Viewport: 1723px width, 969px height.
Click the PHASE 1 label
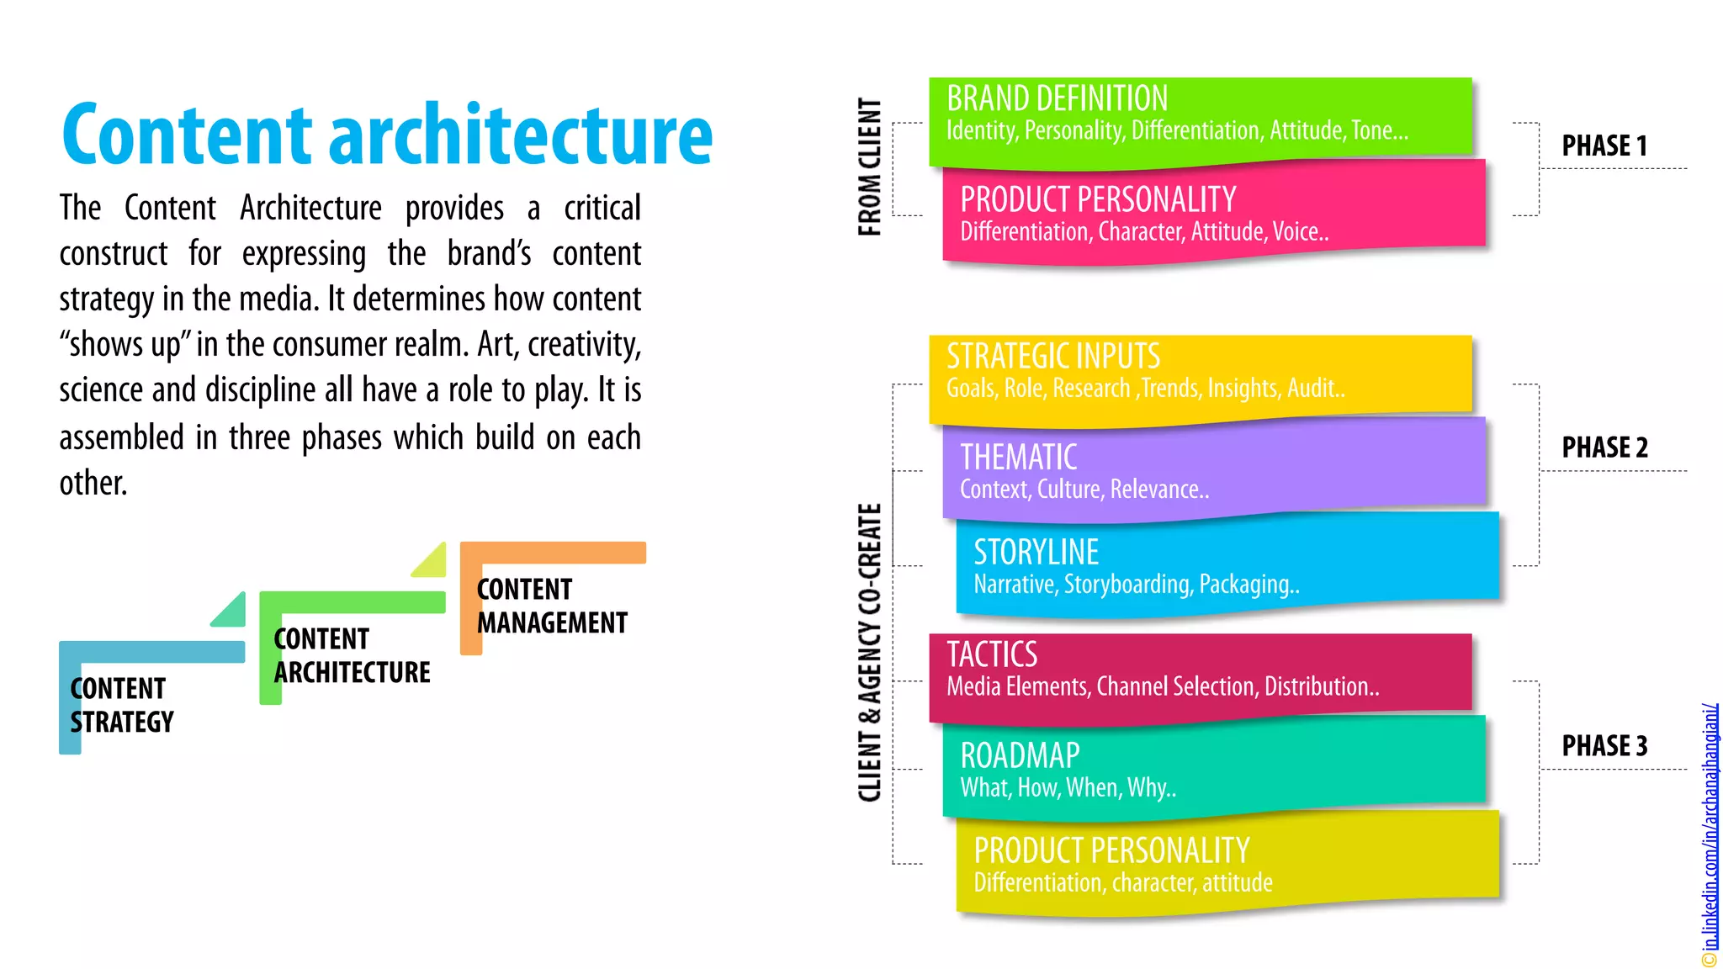point(1604,146)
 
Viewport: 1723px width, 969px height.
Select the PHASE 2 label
point(1604,447)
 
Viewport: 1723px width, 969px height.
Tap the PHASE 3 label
point(1604,745)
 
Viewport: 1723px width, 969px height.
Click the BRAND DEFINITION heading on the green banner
point(1057,98)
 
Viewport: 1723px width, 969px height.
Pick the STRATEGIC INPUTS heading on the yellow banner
point(1052,356)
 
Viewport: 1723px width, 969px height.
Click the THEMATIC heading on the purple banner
point(1018,457)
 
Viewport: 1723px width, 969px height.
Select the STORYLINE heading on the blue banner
point(1036,552)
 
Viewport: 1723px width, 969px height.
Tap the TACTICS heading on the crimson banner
point(992,654)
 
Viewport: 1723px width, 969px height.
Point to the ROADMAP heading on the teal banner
point(1020,755)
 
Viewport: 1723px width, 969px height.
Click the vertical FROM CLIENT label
point(869,167)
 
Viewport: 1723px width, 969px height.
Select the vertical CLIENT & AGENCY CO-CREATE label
point(869,652)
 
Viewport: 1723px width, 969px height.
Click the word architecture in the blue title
point(521,135)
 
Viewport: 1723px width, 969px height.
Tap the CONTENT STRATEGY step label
point(121,705)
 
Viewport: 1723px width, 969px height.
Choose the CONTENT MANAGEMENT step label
point(552,606)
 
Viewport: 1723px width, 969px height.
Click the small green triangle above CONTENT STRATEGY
point(231,612)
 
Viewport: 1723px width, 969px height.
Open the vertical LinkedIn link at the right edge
point(1710,833)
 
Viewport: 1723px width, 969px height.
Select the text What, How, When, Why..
point(1068,787)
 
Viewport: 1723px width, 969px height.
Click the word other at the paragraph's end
point(92,483)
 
